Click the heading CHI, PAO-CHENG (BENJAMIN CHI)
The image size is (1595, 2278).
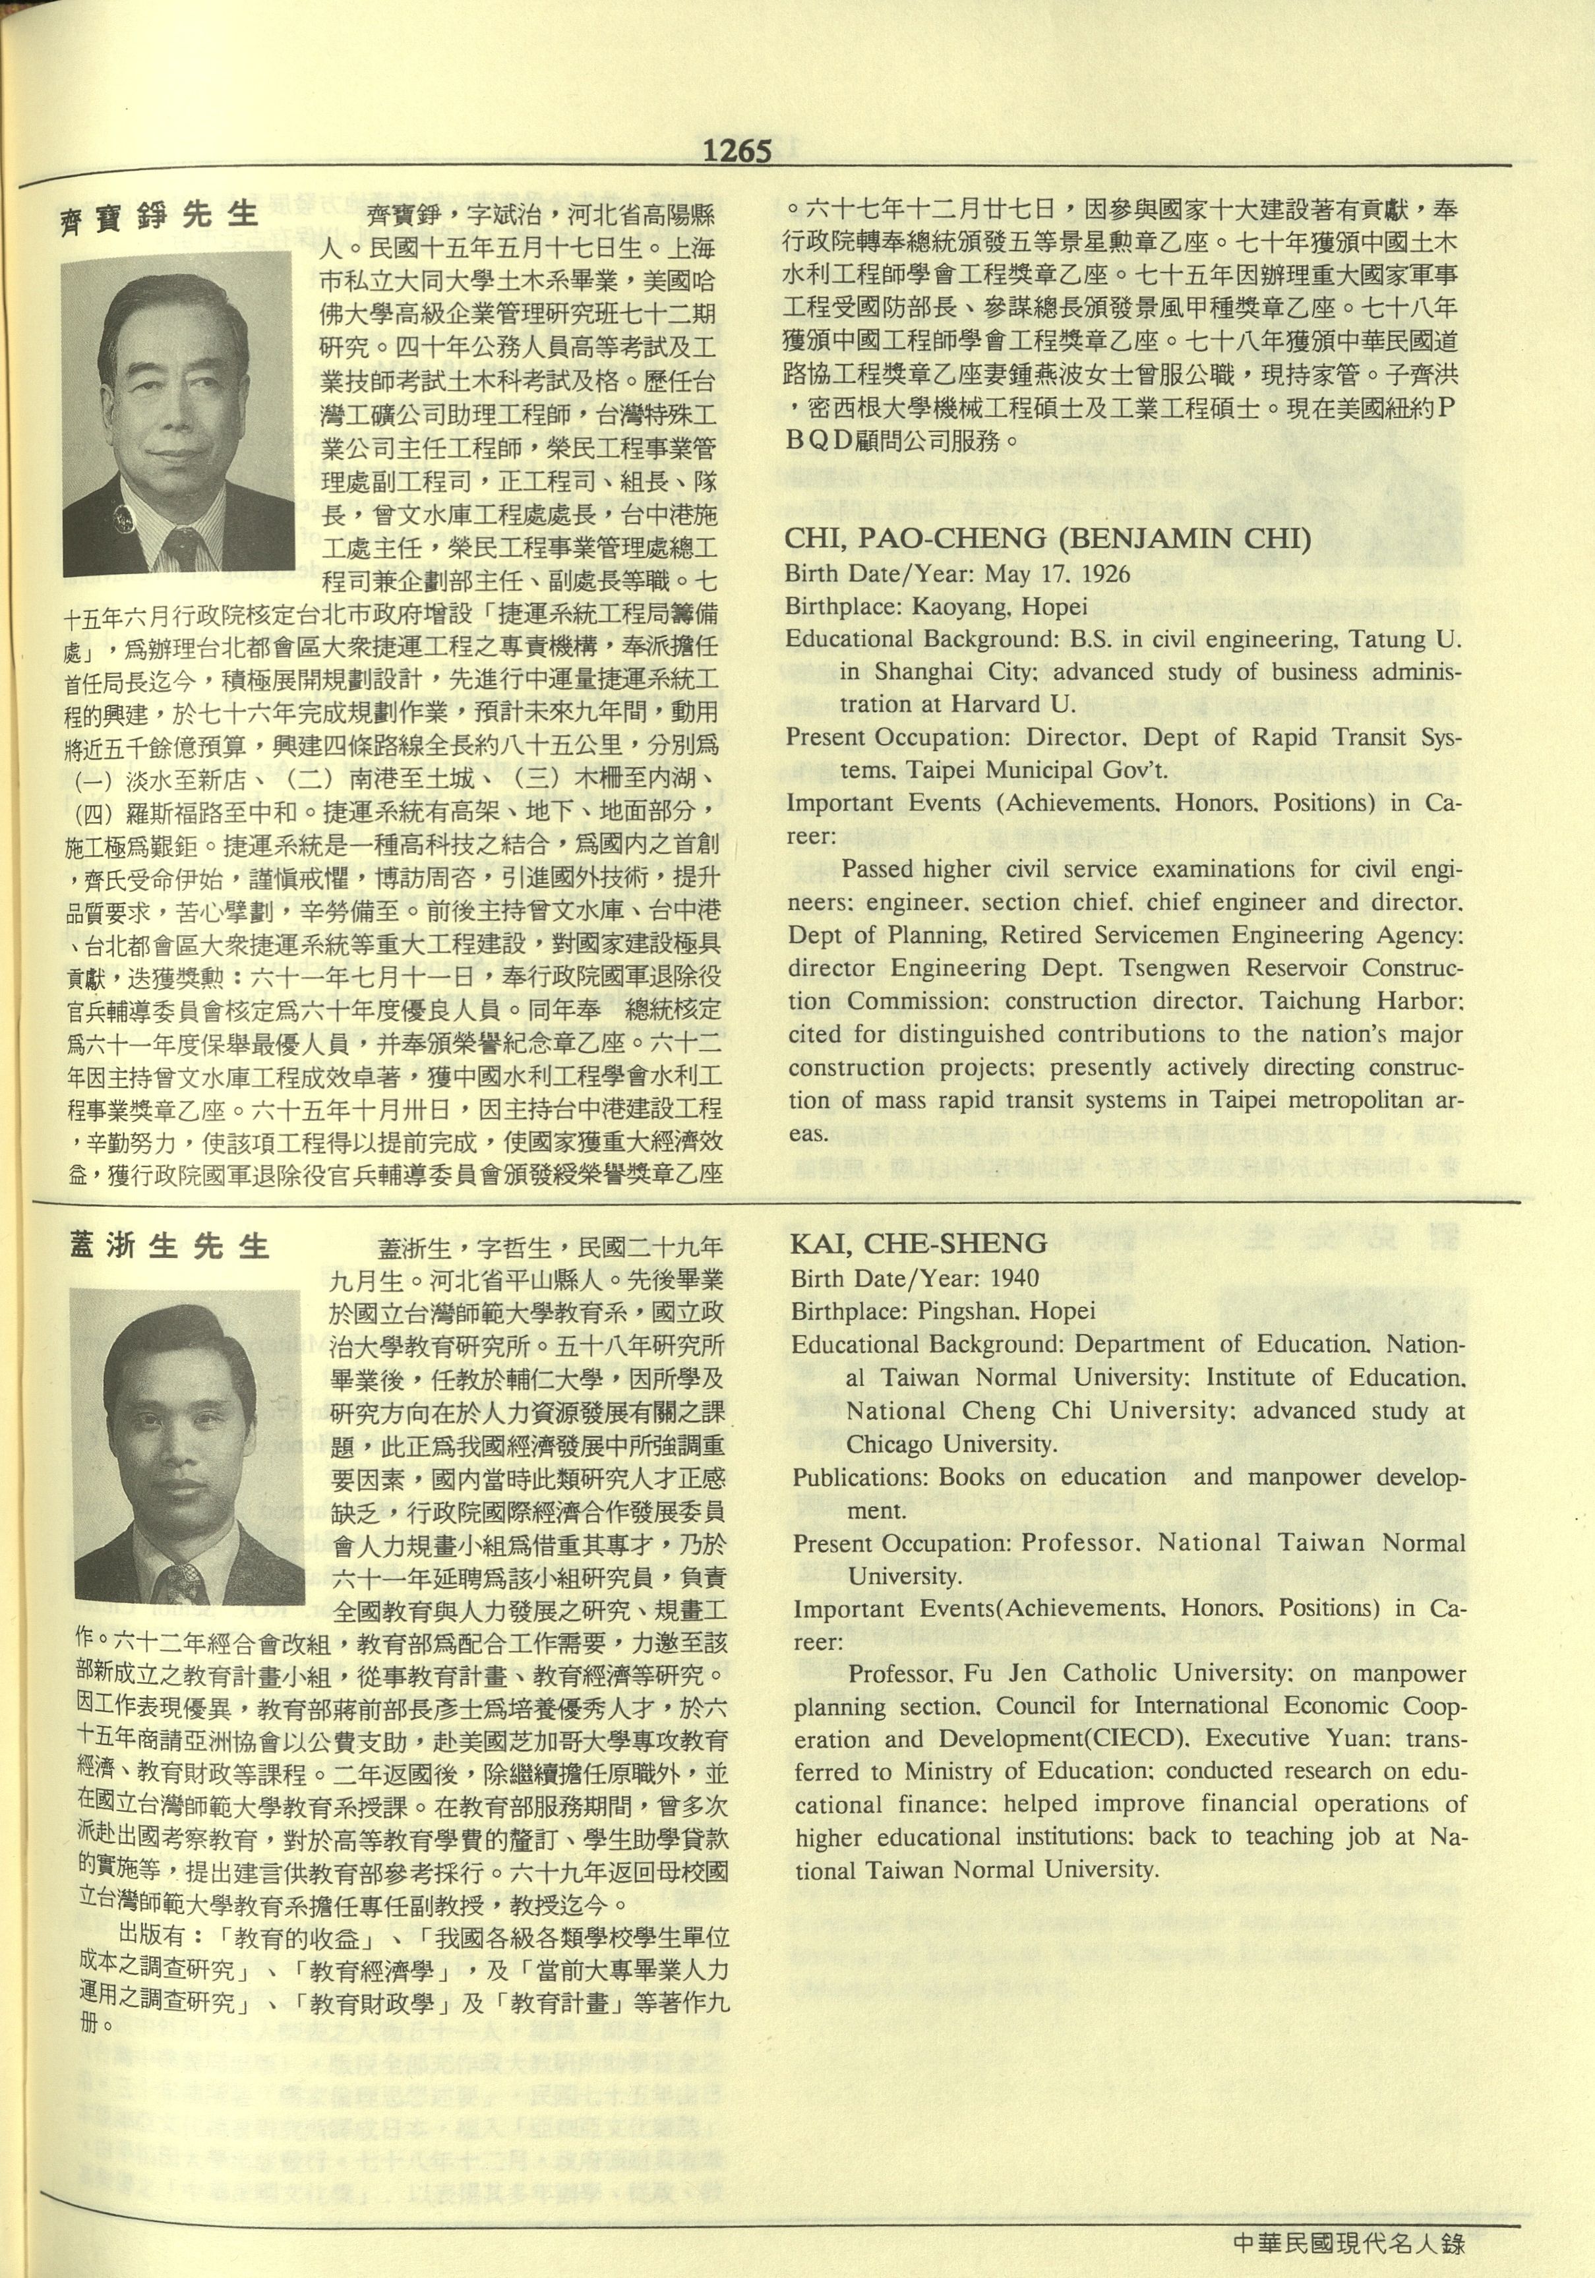click(x=1048, y=539)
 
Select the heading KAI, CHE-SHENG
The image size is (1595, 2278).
click(x=918, y=1244)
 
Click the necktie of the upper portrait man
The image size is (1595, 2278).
click(x=181, y=548)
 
